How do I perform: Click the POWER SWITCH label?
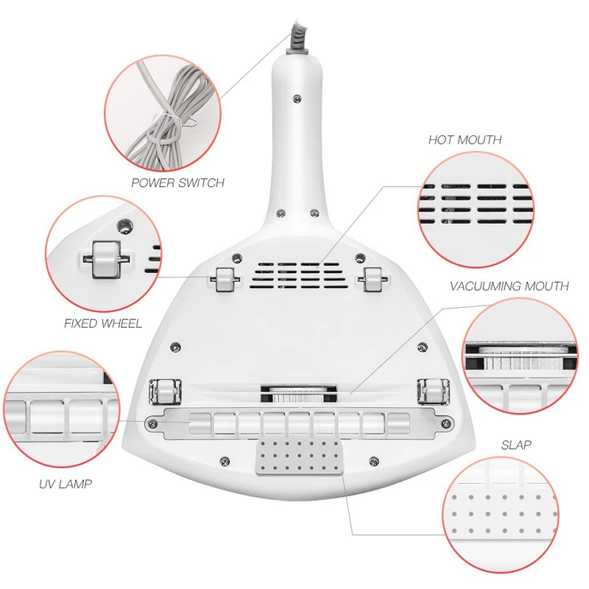pos(177,183)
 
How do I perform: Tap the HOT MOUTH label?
pos(465,139)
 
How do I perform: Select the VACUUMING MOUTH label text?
pos(509,286)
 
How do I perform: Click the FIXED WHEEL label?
pos(102,322)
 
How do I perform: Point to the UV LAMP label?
pos(66,484)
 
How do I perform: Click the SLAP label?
pos(516,445)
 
